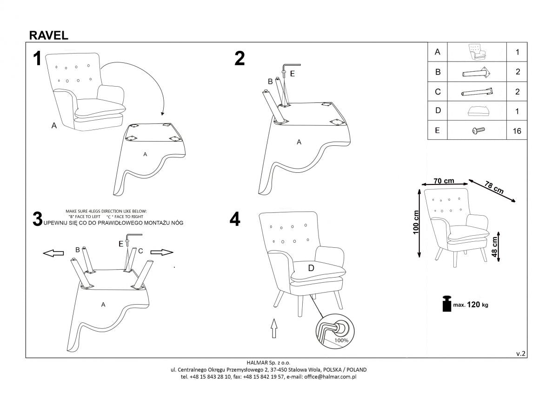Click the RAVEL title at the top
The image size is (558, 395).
pyautogui.click(x=49, y=35)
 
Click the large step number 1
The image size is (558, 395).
pyautogui.click(x=37, y=59)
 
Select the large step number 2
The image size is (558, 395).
pyautogui.click(x=239, y=59)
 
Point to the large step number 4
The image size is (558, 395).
pyautogui.click(x=235, y=219)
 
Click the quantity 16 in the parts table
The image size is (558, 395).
pyautogui.click(x=517, y=131)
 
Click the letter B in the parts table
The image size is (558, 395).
pyautogui.click(x=438, y=72)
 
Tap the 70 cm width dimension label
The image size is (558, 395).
pyautogui.click(x=444, y=181)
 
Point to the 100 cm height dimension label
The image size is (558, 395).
pyautogui.click(x=416, y=222)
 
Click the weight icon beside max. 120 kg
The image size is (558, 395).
pyautogui.click(x=447, y=304)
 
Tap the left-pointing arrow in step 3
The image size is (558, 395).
pyautogui.click(x=53, y=252)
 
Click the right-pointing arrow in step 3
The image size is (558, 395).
pyautogui.click(x=161, y=252)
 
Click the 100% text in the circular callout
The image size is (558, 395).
pyautogui.click(x=340, y=341)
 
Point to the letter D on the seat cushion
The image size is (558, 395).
pyautogui.click(x=311, y=268)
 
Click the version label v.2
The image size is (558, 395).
pyautogui.click(x=521, y=354)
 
